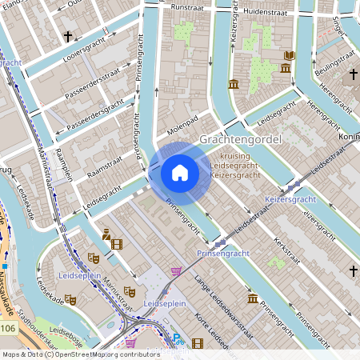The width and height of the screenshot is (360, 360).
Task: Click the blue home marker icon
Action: pyautogui.click(x=180, y=173)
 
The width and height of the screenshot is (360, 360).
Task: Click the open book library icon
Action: pyautogui.click(x=290, y=55)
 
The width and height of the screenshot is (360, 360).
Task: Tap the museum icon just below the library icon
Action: pyautogui.click(x=286, y=70)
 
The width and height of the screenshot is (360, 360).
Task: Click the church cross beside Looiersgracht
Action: pyautogui.click(x=68, y=36)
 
